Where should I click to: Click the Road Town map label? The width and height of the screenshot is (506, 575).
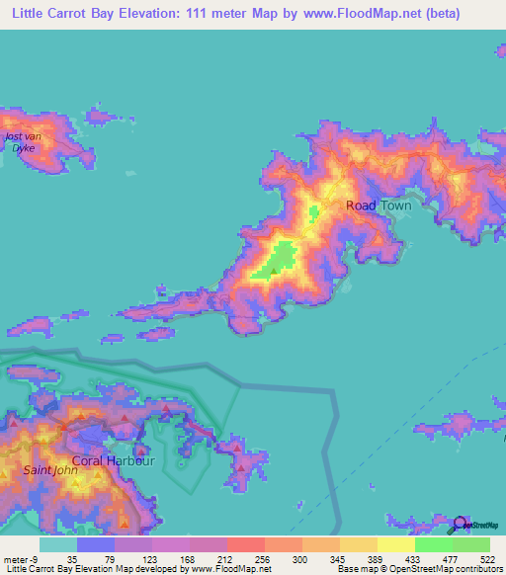(378, 205)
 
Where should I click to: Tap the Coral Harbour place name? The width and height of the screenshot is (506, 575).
(114, 460)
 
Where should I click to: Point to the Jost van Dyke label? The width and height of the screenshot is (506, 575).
(20, 142)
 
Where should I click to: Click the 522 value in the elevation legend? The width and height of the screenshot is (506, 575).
(486, 558)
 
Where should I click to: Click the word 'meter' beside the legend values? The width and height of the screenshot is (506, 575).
(14, 558)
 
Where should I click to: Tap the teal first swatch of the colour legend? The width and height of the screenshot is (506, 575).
(58, 544)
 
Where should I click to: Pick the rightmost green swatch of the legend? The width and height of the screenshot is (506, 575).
(471, 544)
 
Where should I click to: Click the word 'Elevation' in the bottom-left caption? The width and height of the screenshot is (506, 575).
(99, 569)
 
